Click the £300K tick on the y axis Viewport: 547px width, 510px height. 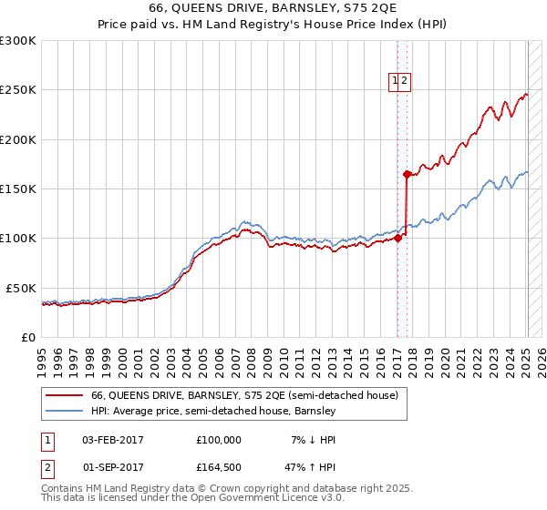point(18,41)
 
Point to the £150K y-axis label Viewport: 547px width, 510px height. point(18,189)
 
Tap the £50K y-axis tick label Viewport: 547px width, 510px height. point(22,288)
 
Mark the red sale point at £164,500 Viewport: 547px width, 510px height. point(407,174)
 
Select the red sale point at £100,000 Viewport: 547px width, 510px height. point(397,239)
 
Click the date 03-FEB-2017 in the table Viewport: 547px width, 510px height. point(113,440)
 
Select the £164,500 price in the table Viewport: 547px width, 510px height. point(219,469)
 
